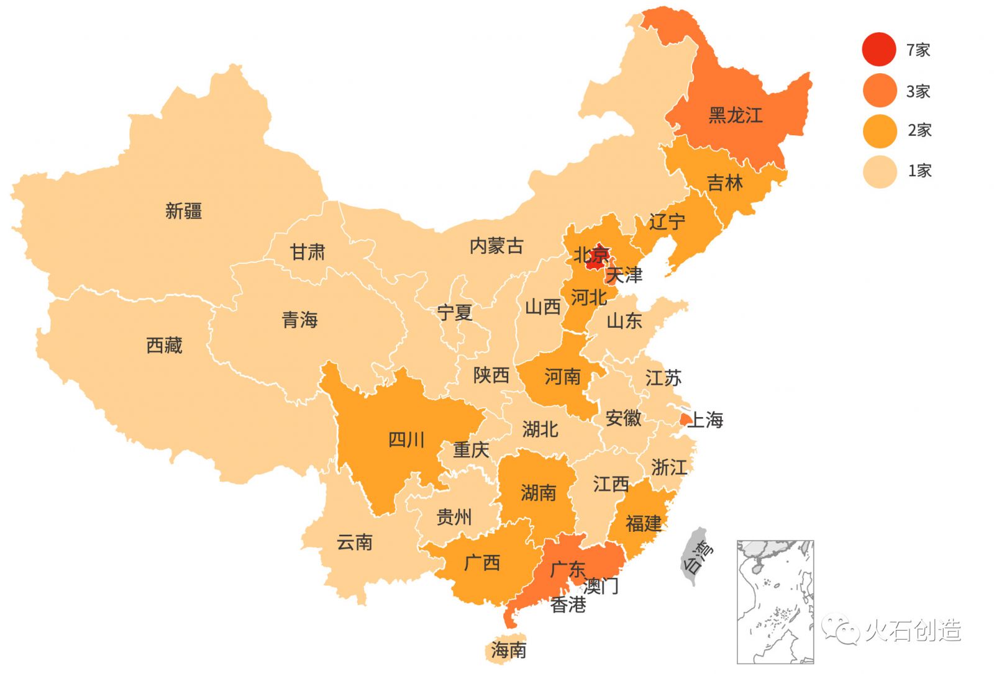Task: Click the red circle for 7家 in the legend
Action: coord(878,49)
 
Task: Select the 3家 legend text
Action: coord(918,91)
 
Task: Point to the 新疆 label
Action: coord(183,211)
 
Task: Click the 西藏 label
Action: coord(164,345)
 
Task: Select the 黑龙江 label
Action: coord(735,115)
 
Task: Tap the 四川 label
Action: coord(406,440)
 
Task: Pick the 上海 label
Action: coord(706,420)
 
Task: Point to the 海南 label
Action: coord(508,650)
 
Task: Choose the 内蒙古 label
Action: coord(496,246)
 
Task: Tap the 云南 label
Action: coord(354,542)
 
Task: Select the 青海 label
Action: coord(299,320)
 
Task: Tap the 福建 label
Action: coord(644,523)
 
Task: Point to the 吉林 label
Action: coord(724,183)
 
